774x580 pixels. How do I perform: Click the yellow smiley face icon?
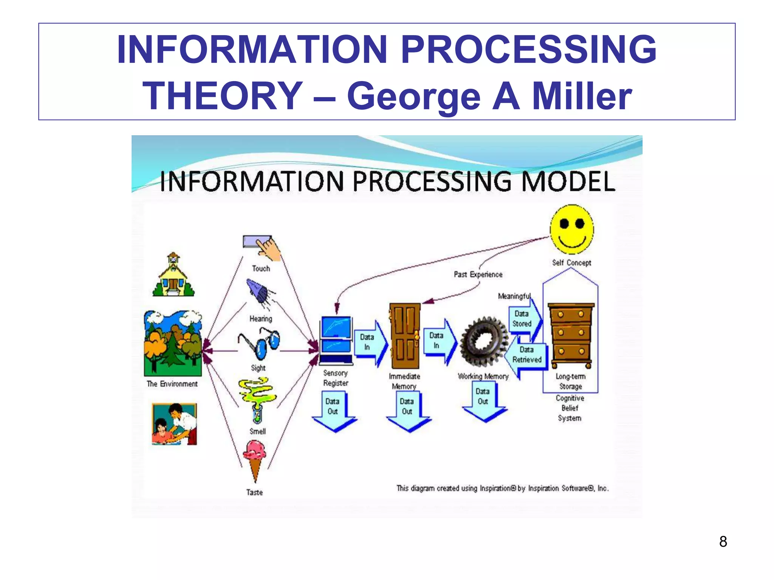571,229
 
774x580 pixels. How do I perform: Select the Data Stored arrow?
525,319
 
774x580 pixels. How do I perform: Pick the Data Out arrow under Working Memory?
483,401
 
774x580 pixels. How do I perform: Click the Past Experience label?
478,275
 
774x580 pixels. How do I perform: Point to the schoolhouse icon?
173,275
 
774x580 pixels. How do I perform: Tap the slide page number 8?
723,541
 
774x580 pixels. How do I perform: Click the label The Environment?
172,384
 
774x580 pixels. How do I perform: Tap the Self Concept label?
571,263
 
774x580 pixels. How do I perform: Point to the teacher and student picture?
174,424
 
